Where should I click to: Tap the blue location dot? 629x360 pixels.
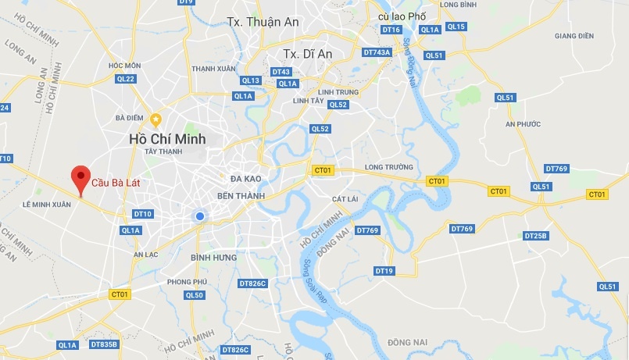(200, 216)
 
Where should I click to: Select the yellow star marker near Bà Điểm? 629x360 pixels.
(155, 119)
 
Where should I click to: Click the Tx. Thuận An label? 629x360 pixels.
(263, 22)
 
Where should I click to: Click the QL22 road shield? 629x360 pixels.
(126, 79)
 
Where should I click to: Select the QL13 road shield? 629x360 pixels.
(251, 80)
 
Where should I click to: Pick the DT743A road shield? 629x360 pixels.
(377, 52)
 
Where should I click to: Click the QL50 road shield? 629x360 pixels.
(195, 295)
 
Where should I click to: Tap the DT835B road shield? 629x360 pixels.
(104, 344)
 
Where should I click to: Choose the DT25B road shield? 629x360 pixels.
(536, 236)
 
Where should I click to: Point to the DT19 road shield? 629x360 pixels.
(384, 271)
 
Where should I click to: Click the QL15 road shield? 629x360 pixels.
(456, 27)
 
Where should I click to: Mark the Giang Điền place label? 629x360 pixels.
(574, 36)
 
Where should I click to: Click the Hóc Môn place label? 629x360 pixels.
(125, 66)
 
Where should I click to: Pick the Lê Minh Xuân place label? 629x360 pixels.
(47, 205)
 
